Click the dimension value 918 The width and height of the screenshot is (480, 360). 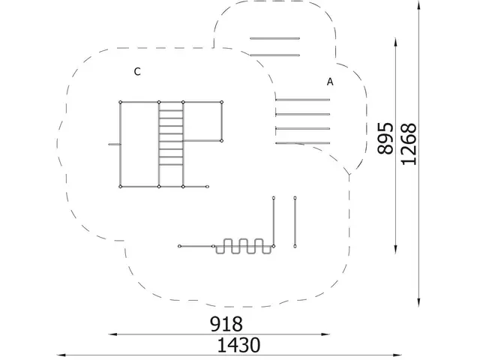226,324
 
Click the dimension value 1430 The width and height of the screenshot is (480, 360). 238,345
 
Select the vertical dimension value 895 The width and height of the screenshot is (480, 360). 385,138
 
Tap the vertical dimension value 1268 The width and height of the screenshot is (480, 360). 409,144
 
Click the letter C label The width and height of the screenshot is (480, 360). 137,72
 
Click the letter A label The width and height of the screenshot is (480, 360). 330,82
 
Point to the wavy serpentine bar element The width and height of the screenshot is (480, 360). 244,246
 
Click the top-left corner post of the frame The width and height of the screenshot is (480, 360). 120,102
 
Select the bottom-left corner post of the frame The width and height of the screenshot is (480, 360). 120,187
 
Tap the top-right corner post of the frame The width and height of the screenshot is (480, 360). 222,102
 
